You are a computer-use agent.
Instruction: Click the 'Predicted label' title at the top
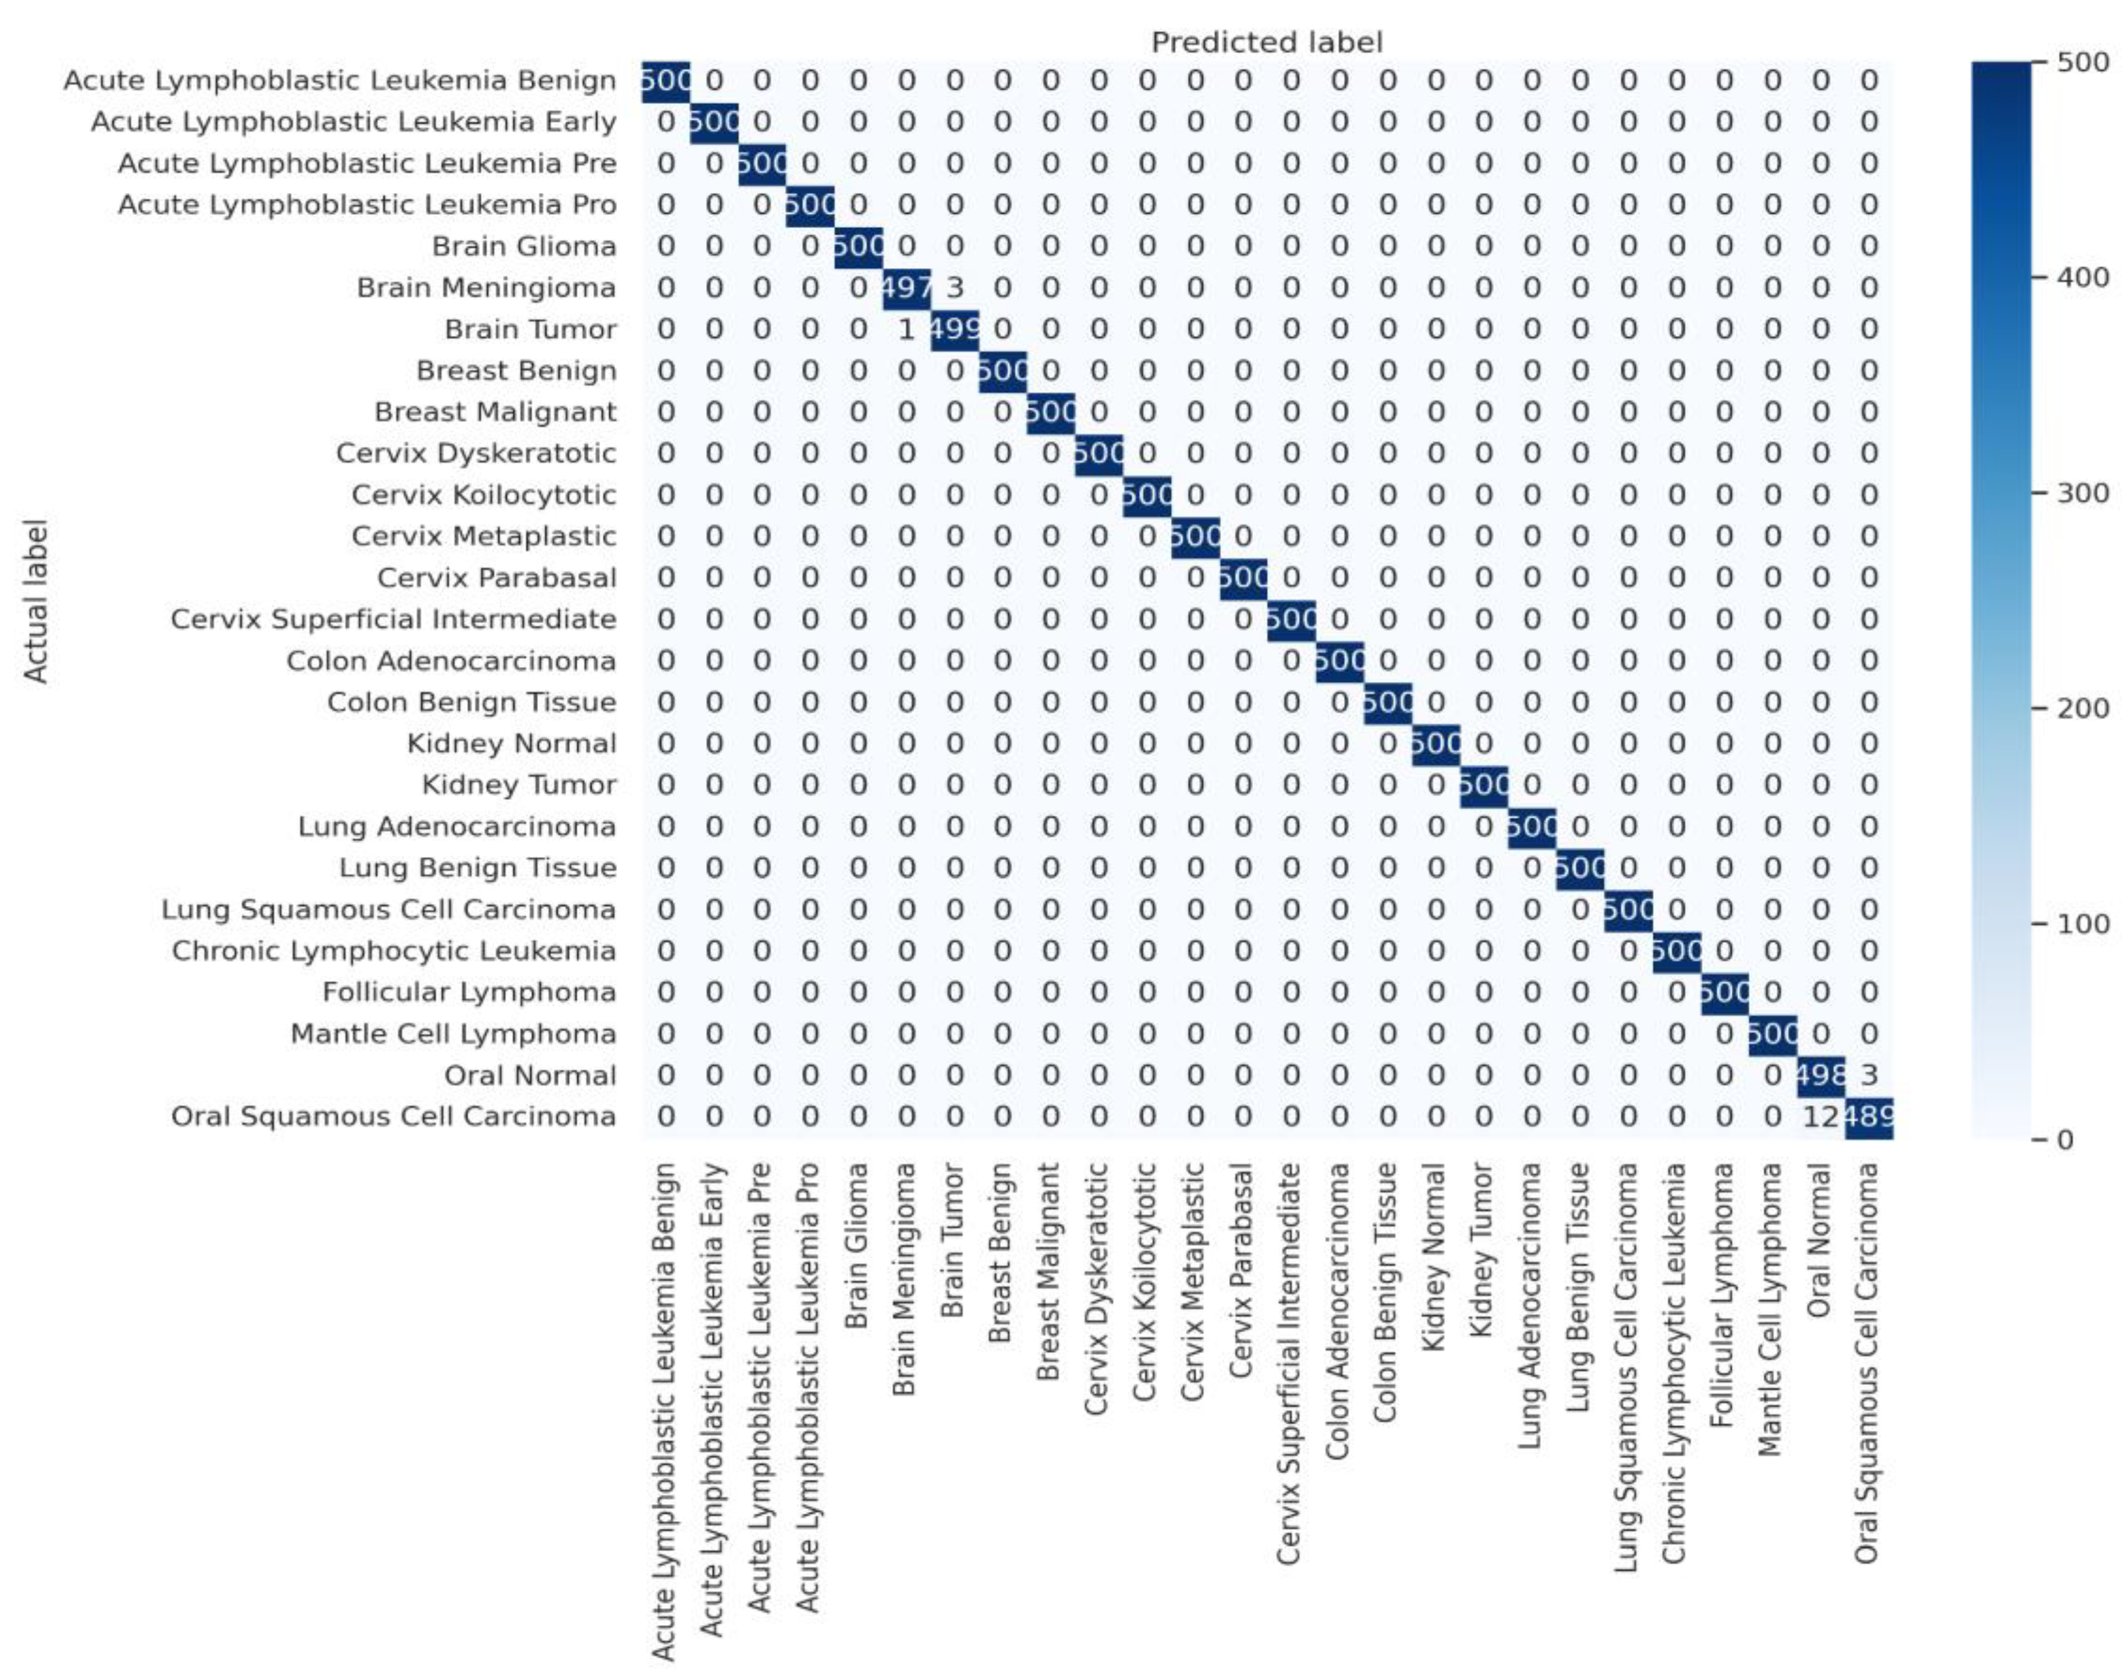click(1266, 42)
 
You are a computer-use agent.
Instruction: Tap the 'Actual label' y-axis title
click(36, 601)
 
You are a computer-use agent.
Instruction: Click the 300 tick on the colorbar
click(2083, 493)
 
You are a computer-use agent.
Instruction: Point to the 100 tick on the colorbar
click(2083, 924)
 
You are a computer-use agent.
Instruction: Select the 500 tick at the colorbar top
click(2083, 63)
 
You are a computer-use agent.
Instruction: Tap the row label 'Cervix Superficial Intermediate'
click(393, 620)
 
